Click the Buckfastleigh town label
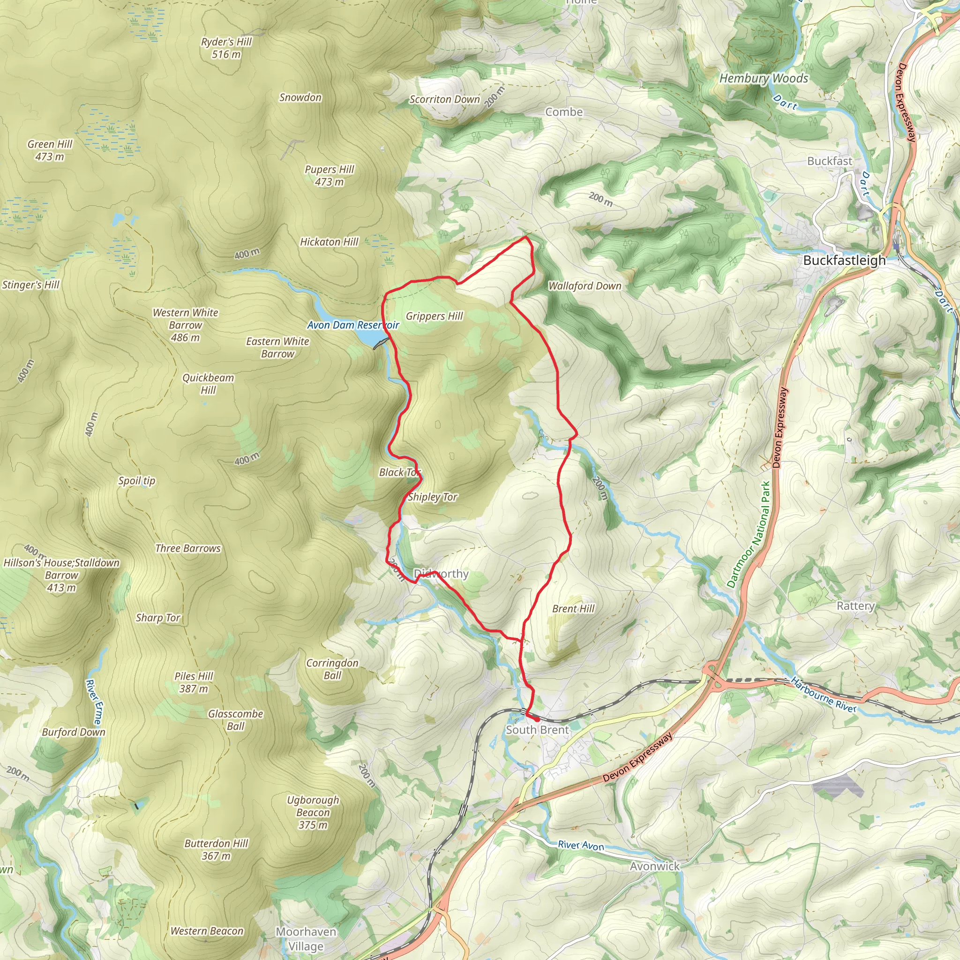[x=844, y=260]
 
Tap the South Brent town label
[x=537, y=730]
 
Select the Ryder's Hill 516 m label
[x=226, y=48]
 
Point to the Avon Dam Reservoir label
[x=353, y=325]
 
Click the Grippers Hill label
[x=434, y=316]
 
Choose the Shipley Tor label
[x=432, y=497]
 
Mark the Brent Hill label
[x=573, y=609]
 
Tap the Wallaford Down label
[x=585, y=286]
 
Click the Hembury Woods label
[x=764, y=78]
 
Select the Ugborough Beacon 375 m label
[x=313, y=812]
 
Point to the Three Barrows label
[x=188, y=548]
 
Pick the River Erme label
[x=94, y=702]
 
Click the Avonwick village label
[x=654, y=866]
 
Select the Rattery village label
[x=855, y=606]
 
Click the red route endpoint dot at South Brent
[x=537, y=719]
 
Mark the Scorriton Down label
[x=444, y=99]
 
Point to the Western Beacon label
[x=207, y=930]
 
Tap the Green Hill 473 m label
[x=50, y=150]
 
